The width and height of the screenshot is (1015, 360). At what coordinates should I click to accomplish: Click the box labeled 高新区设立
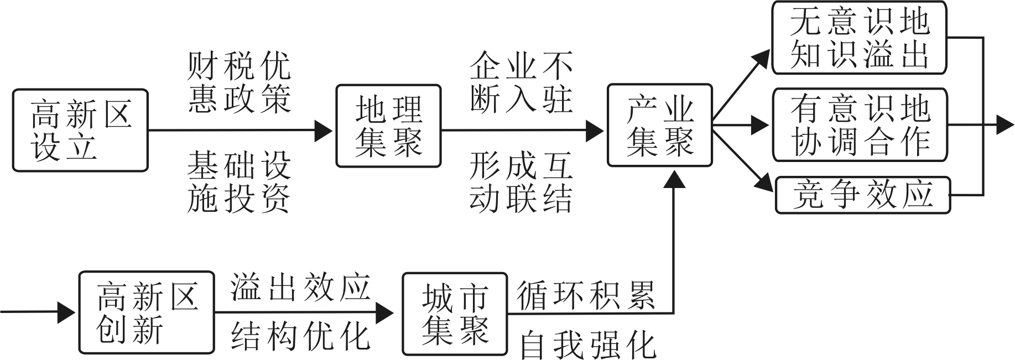(80, 131)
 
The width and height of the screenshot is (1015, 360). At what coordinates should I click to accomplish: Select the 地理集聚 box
(388, 126)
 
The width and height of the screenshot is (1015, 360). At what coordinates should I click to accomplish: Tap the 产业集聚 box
(659, 126)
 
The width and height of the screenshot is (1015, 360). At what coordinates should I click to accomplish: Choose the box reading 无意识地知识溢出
(859, 38)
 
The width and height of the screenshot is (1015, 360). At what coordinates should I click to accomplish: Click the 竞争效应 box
(862, 195)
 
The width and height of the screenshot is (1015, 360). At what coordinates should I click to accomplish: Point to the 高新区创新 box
(147, 312)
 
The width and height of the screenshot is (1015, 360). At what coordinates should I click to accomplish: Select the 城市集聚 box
(455, 314)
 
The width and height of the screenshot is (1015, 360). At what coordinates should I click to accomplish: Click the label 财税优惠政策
(239, 82)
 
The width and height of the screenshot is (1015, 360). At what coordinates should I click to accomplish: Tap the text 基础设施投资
(239, 182)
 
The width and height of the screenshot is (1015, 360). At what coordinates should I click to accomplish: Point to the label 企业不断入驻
(520, 82)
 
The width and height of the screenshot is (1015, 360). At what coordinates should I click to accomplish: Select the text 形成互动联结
(520, 182)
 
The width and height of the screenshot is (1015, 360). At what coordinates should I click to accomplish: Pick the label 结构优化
(300, 336)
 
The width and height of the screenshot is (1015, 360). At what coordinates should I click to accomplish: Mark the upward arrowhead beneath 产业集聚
(674, 179)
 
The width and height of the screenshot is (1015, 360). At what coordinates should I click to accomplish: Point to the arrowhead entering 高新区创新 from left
(66, 312)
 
